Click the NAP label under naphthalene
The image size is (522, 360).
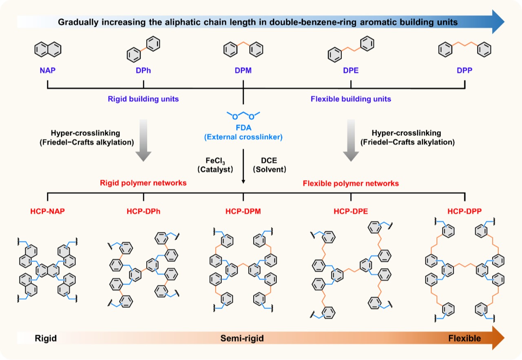click(x=48, y=70)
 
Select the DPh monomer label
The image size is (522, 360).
click(x=143, y=70)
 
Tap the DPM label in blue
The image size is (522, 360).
click(x=243, y=70)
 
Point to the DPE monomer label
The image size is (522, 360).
click(x=351, y=70)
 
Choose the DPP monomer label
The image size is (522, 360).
click(x=465, y=70)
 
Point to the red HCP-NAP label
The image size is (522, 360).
click(x=48, y=212)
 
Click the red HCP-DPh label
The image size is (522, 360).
click(x=143, y=212)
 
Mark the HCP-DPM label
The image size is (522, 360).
click(x=243, y=212)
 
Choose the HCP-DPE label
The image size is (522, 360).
click(x=351, y=212)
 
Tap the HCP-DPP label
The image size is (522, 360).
click(x=465, y=212)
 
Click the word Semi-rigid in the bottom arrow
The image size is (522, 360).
click(x=242, y=338)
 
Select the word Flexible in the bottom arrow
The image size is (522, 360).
click(x=464, y=338)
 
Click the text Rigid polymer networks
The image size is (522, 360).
click(x=143, y=183)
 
